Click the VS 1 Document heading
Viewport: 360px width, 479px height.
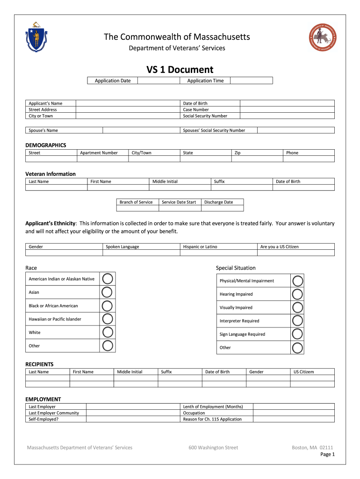click(x=180, y=70)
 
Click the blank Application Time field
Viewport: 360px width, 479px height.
click(x=251, y=80)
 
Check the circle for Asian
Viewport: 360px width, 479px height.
click(x=107, y=292)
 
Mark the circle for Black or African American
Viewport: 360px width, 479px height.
click(x=107, y=306)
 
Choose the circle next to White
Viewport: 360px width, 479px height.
click(x=107, y=333)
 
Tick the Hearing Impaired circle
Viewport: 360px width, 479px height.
click(x=297, y=294)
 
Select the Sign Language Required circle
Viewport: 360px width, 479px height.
click(x=297, y=334)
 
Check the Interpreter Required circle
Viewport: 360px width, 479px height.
click(x=297, y=321)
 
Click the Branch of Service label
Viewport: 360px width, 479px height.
click(x=136, y=202)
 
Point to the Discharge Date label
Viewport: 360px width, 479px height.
click(x=218, y=202)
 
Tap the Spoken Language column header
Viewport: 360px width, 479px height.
click(x=122, y=247)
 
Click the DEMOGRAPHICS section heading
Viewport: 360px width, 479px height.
click(x=45, y=145)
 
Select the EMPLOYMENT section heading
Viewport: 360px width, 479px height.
click(x=43, y=399)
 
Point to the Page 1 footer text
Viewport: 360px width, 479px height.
click(x=327, y=454)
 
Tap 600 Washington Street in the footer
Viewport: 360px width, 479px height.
click(x=213, y=448)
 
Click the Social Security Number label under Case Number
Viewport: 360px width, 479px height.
click(x=205, y=116)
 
